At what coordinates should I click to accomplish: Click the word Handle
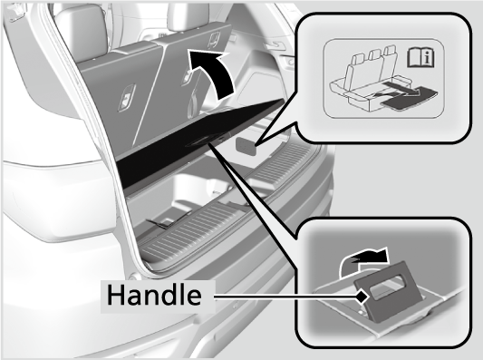coord(154,295)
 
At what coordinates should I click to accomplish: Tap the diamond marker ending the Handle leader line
coord(362,297)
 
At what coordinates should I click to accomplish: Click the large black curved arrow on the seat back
coord(213,73)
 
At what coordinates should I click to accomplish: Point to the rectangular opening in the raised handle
coord(386,287)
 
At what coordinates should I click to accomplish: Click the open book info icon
coord(420,57)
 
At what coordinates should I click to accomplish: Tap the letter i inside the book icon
coord(427,58)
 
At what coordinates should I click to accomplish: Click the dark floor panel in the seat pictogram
coord(409,99)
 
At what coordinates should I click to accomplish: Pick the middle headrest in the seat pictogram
coord(375,55)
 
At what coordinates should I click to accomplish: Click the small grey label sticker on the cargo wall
coord(246,145)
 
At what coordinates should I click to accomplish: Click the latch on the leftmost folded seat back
coord(126,98)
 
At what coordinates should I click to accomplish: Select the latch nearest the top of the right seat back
coord(214,40)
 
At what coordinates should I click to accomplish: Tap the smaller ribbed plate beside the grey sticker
coord(282,162)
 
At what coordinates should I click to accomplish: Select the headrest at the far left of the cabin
coord(81,30)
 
